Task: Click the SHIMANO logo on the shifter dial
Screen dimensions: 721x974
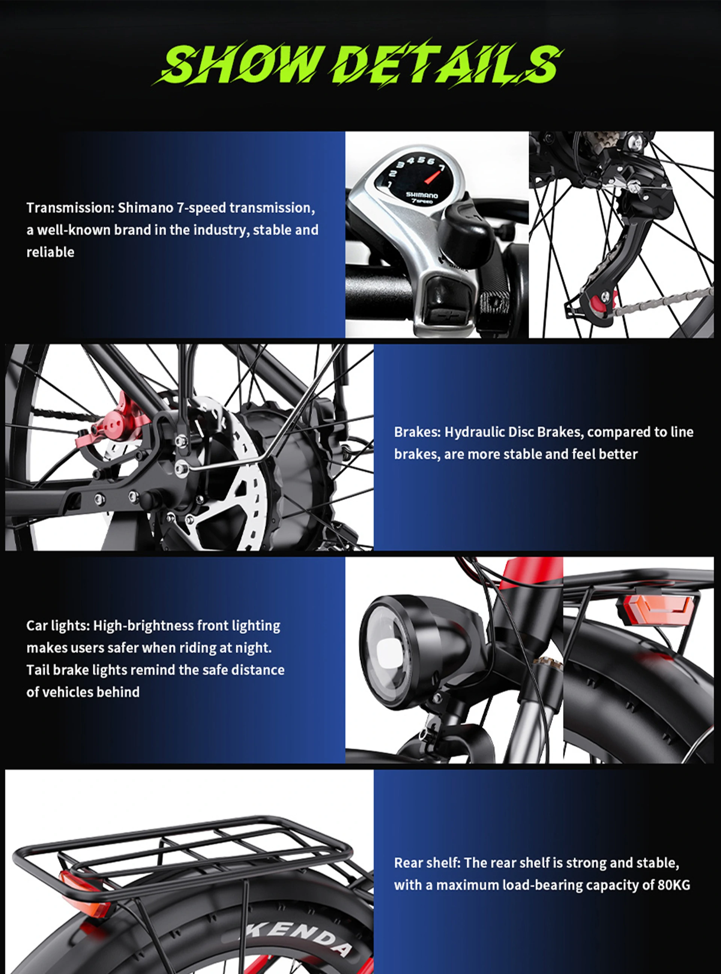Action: tap(422, 195)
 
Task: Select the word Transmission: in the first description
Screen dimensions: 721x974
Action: tap(70, 208)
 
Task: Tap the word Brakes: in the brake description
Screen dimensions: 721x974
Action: tap(417, 432)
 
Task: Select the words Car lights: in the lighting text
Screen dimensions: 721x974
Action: tap(57, 626)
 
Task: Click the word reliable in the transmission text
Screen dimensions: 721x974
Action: tap(50, 252)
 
